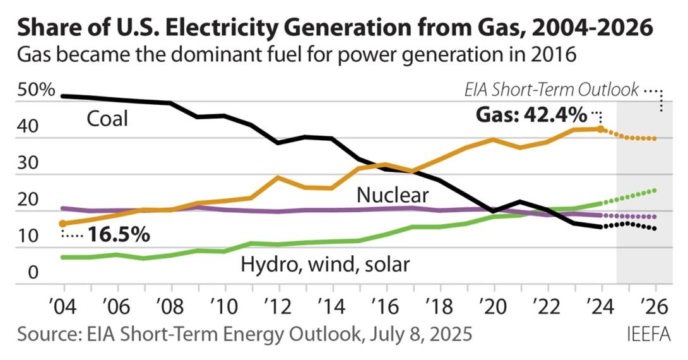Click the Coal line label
click(x=107, y=119)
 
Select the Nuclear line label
click(x=393, y=195)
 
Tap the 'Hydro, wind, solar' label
click(x=325, y=264)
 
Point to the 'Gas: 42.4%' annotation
click(x=530, y=116)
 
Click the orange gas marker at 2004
click(x=62, y=224)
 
